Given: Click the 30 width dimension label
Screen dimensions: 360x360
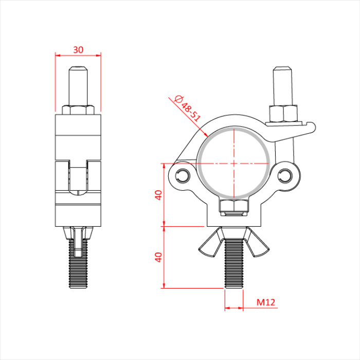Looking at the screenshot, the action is pyautogui.click(x=78, y=49).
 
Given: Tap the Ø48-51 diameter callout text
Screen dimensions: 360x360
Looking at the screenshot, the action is pyautogui.click(x=188, y=109).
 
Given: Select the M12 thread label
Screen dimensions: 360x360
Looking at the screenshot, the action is pyautogui.click(x=266, y=302).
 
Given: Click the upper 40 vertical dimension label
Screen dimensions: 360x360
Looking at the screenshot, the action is pyautogui.click(x=158, y=195).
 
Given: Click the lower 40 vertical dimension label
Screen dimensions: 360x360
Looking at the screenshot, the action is pyautogui.click(x=158, y=257).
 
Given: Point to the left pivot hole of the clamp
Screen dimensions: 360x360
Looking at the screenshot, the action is pyautogui.click(x=183, y=176).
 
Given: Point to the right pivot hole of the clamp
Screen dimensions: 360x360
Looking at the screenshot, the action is pyautogui.click(x=285, y=176).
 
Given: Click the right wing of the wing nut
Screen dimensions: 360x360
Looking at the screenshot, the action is pyautogui.click(x=258, y=243).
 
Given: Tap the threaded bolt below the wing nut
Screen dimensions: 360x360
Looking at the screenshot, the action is pyautogui.click(x=233, y=264).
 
